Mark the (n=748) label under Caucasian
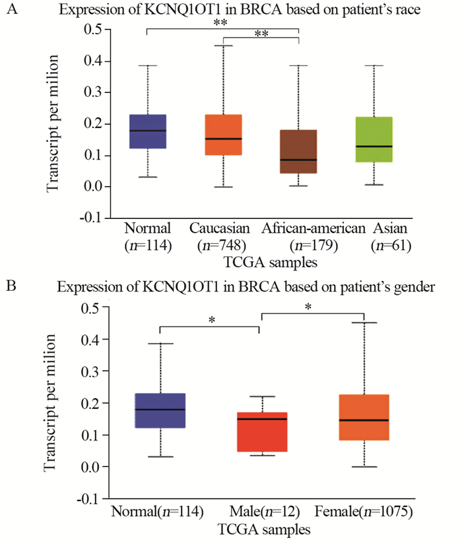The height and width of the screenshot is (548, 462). (x=224, y=246)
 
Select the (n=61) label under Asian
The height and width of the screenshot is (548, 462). (x=391, y=246)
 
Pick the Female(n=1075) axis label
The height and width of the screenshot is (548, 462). (x=365, y=512)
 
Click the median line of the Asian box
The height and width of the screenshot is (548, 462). (x=374, y=146)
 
